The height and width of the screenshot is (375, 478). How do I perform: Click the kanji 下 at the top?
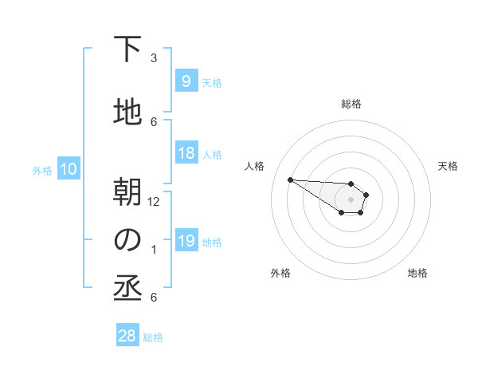[127, 49]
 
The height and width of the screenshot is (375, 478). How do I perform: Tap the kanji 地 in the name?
[127, 113]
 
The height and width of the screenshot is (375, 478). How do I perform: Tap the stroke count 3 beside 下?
[154, 58]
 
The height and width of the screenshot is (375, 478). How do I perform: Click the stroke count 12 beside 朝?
[154, 202]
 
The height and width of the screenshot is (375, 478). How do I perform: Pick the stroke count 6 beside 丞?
[154, 298]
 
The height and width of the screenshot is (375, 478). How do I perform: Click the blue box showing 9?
[186, 81]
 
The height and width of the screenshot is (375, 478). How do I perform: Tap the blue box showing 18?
[186, 153]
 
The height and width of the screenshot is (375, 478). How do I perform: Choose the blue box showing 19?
[186, 241]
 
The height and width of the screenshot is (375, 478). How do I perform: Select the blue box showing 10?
[68, 169]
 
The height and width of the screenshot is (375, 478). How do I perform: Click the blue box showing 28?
[127, 336]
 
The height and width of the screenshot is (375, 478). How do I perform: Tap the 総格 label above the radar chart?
[351, 105]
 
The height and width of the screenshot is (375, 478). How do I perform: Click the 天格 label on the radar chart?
[449, 166]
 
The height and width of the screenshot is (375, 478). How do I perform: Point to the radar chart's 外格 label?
[280, 273]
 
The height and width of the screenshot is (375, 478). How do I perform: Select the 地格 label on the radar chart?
[417, 273]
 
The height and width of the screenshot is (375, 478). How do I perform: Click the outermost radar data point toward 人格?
[290, 180]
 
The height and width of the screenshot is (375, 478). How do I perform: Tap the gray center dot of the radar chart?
[351, 199]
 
